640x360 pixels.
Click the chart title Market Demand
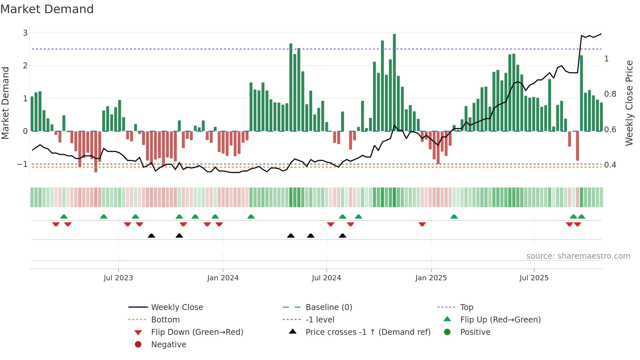point(47,9)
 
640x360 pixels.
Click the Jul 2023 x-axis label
point(118,278)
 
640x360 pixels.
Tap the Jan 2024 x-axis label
point(223,278)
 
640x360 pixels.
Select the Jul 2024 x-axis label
point(326,278)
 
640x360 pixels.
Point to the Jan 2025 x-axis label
point(431,278)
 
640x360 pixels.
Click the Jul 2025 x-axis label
point(534,278)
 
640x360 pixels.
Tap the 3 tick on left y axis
point(25,33)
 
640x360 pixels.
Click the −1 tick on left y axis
point(22,164)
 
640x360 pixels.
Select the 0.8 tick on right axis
point(610,94)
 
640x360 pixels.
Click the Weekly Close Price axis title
point(629,103)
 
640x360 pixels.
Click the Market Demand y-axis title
point(6,103)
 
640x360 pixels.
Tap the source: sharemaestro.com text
point(578,256)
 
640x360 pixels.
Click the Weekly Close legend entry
point(177,307)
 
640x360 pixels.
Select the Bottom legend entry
point(165,320)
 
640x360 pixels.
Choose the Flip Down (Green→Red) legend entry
point(197,332)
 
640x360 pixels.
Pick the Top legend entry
point(467,307)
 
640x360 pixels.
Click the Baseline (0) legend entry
point(328,307)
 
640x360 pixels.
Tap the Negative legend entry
point(168,345)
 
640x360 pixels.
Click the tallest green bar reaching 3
point(394,82)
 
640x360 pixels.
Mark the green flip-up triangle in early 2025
point(454,217)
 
